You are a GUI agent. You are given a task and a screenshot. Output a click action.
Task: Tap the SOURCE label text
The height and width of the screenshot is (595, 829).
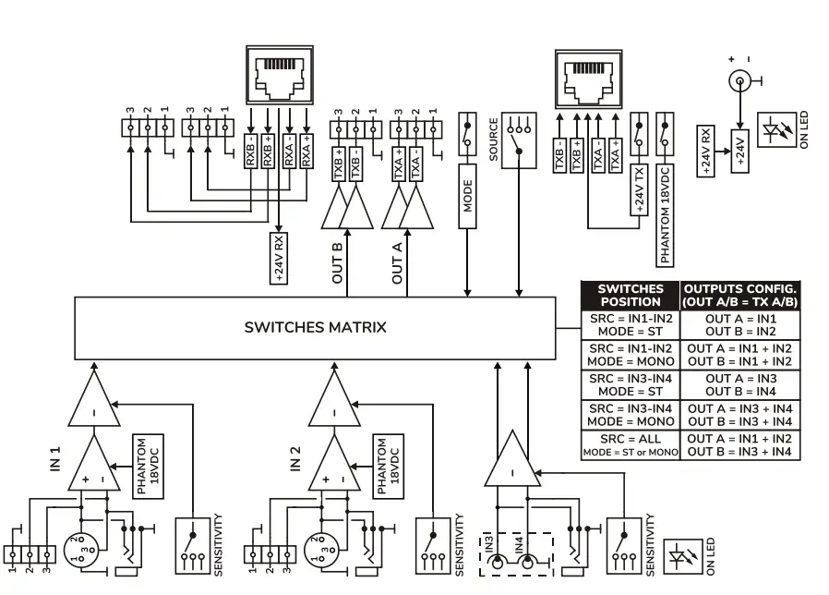coord(494,140)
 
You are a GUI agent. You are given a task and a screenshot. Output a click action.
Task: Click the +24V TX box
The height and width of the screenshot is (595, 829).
coord(638,189)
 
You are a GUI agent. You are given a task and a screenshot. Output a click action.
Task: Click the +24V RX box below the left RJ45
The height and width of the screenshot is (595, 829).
coord(280,260)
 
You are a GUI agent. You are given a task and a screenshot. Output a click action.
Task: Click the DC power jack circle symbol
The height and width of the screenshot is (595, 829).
coord(739,82)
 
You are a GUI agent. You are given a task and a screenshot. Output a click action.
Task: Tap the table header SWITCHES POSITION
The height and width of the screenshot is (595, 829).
coord(630,295)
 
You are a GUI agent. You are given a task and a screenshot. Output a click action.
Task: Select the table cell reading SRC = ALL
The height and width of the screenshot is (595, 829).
coord(630,438)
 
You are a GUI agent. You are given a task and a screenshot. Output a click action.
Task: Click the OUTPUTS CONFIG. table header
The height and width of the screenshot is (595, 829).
coord(740,295)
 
